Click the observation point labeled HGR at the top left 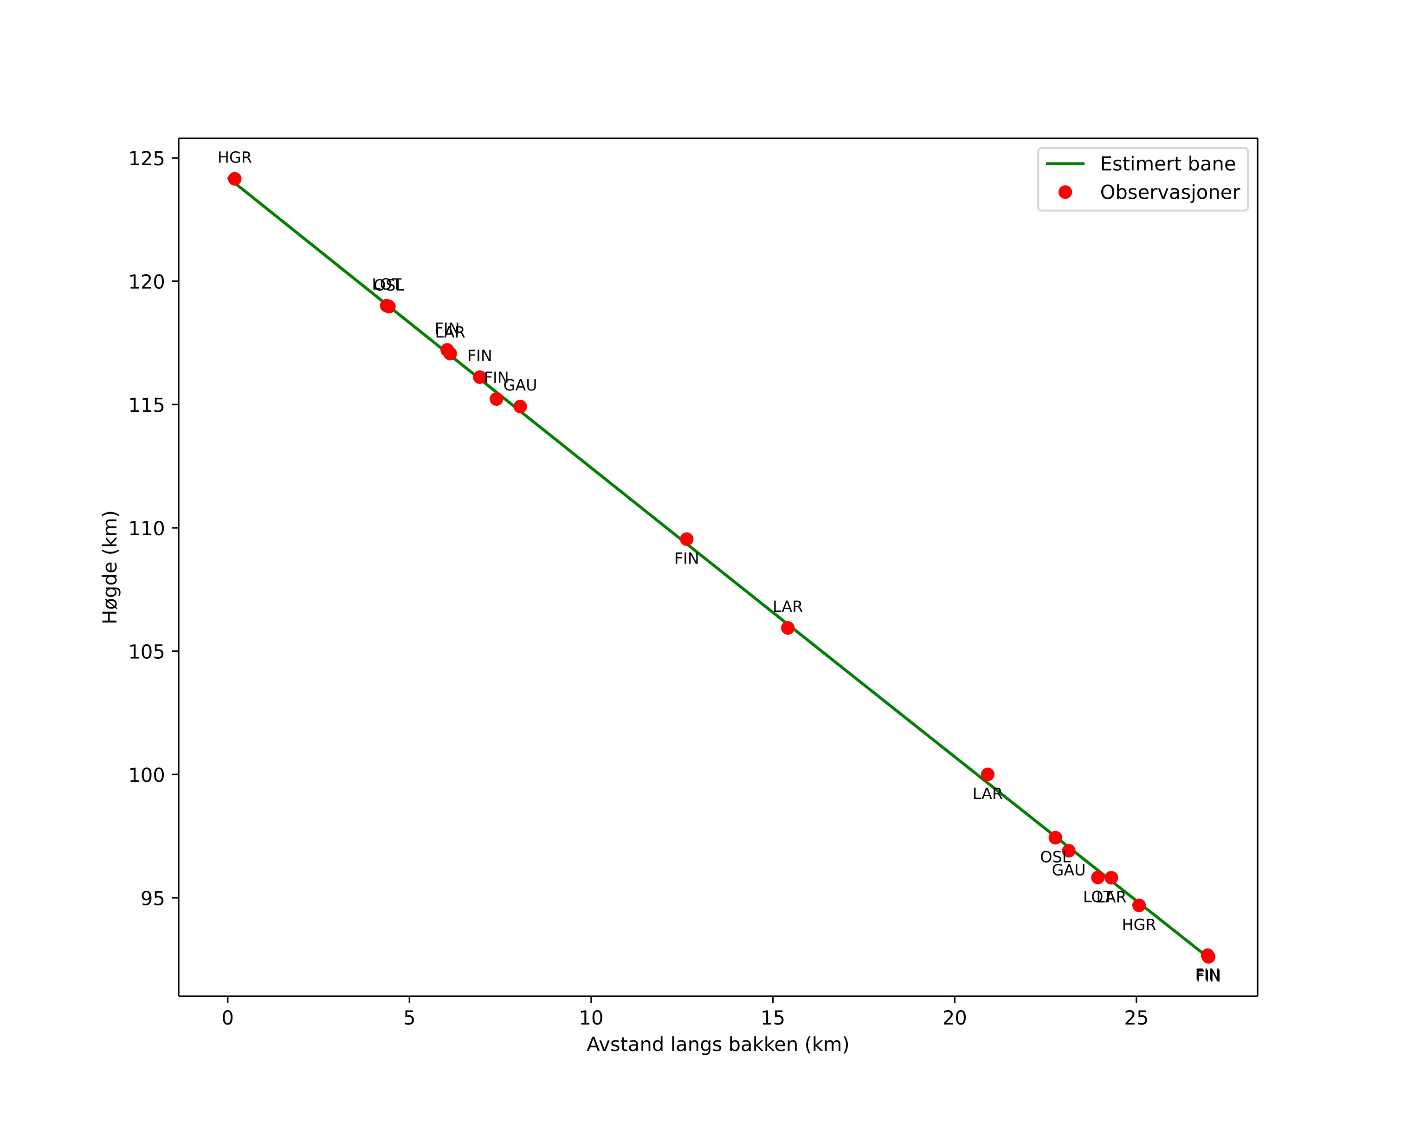tap(235, 179)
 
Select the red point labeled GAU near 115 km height tap(520, 407)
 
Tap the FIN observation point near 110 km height tap(686, 539)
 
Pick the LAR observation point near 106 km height tap(788, 628)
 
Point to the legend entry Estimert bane tap(1167, 164)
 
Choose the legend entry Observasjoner tap(1170, 192)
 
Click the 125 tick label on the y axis tap(146, 159)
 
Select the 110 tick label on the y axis tap(146, 528)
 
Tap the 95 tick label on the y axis tap(153, 898)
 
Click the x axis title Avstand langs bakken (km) tap(717, 1045)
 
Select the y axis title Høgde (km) tap(110, 567)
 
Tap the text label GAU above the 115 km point tap(520, 385)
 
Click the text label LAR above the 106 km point tap(788, 607)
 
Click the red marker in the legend tap(1065, 192)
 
